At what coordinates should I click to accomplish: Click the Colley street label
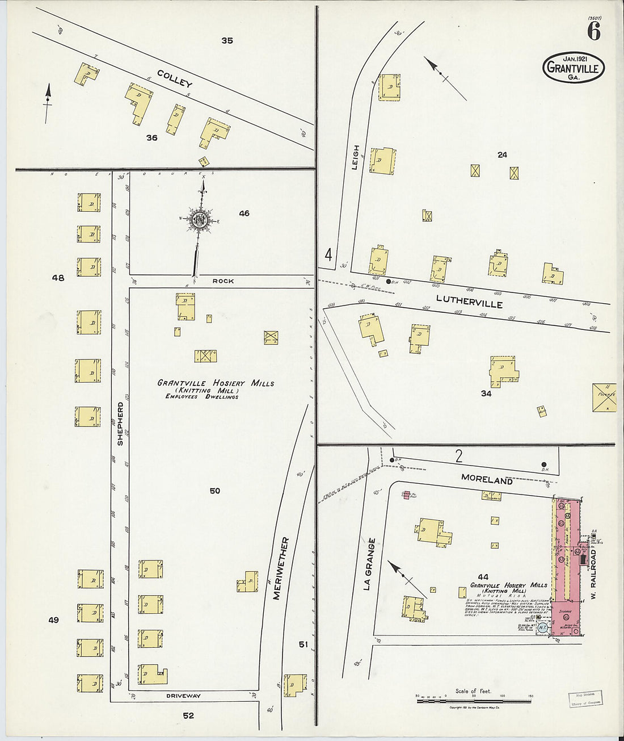(175, 78)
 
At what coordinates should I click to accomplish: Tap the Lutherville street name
(469, 301)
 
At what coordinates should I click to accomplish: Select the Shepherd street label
(120, 424)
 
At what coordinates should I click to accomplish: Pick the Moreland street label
(486, 479)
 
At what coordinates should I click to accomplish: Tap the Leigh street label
(356, 157)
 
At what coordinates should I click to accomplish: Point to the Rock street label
(223, 281)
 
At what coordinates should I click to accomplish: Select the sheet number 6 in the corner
(593, 32)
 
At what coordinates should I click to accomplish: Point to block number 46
(244, 213)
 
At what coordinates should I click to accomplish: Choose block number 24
(501, 154)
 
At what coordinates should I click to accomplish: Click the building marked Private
(604, 397)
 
